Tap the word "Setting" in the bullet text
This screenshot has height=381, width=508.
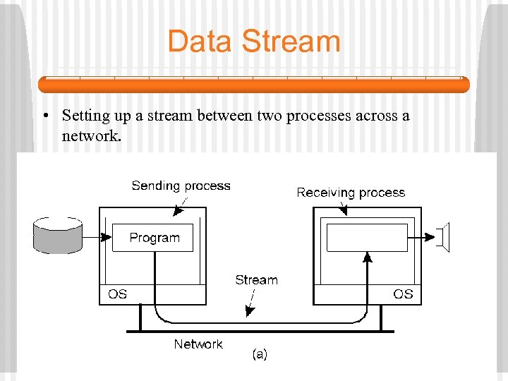click(84, 116)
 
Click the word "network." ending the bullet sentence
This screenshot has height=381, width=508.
click(92, 135)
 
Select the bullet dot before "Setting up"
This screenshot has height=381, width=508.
click(44, 116)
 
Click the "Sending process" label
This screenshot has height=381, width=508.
click(181, 186)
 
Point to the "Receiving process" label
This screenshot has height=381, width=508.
click(351, 193)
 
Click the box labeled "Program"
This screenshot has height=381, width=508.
click(155, 238)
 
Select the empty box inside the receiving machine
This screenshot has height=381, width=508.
click(367, 238)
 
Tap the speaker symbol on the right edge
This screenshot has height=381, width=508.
click(445, 237)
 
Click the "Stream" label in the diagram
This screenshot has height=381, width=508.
click(256, 280)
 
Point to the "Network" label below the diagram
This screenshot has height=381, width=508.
click(198, 344)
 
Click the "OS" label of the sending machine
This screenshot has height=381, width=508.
click(118, 294)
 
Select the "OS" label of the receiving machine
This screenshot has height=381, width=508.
click(403, 294)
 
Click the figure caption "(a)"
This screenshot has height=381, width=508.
click(260, 355)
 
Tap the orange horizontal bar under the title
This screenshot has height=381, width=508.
click(253, 85)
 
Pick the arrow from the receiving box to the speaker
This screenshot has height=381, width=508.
click(423, 237)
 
